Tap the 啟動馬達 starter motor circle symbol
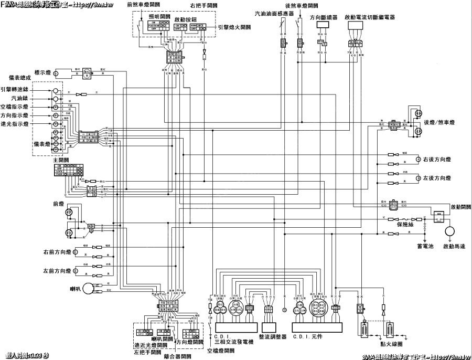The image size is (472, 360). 449,231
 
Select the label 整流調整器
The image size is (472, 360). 273,336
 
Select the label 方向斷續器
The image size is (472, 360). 323,17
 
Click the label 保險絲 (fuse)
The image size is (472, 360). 406,225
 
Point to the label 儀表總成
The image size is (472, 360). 21,77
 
